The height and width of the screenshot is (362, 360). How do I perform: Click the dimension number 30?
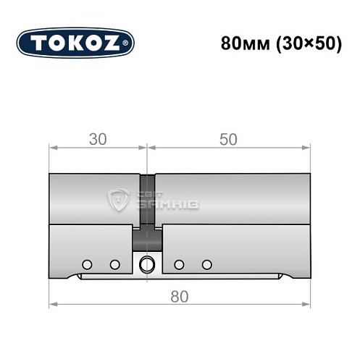click(98, 140)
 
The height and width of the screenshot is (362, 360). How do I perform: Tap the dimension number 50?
click(228, 140)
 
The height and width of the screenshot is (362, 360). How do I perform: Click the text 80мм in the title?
click(246, 43)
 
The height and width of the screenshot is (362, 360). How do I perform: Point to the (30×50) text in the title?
click(307, 43)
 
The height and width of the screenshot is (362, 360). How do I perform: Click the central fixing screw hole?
click(148, 264)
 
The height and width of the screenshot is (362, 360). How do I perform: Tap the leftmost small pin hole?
click(88, 264)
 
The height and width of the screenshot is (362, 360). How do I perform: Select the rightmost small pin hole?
click(207, 264)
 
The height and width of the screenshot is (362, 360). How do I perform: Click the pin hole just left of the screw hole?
click(114, 264)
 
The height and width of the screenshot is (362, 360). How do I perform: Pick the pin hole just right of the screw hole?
click(180, 264)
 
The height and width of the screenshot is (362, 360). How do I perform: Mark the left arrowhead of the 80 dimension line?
click(53, 304)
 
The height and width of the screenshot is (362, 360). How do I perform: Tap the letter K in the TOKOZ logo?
click(75, 43)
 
